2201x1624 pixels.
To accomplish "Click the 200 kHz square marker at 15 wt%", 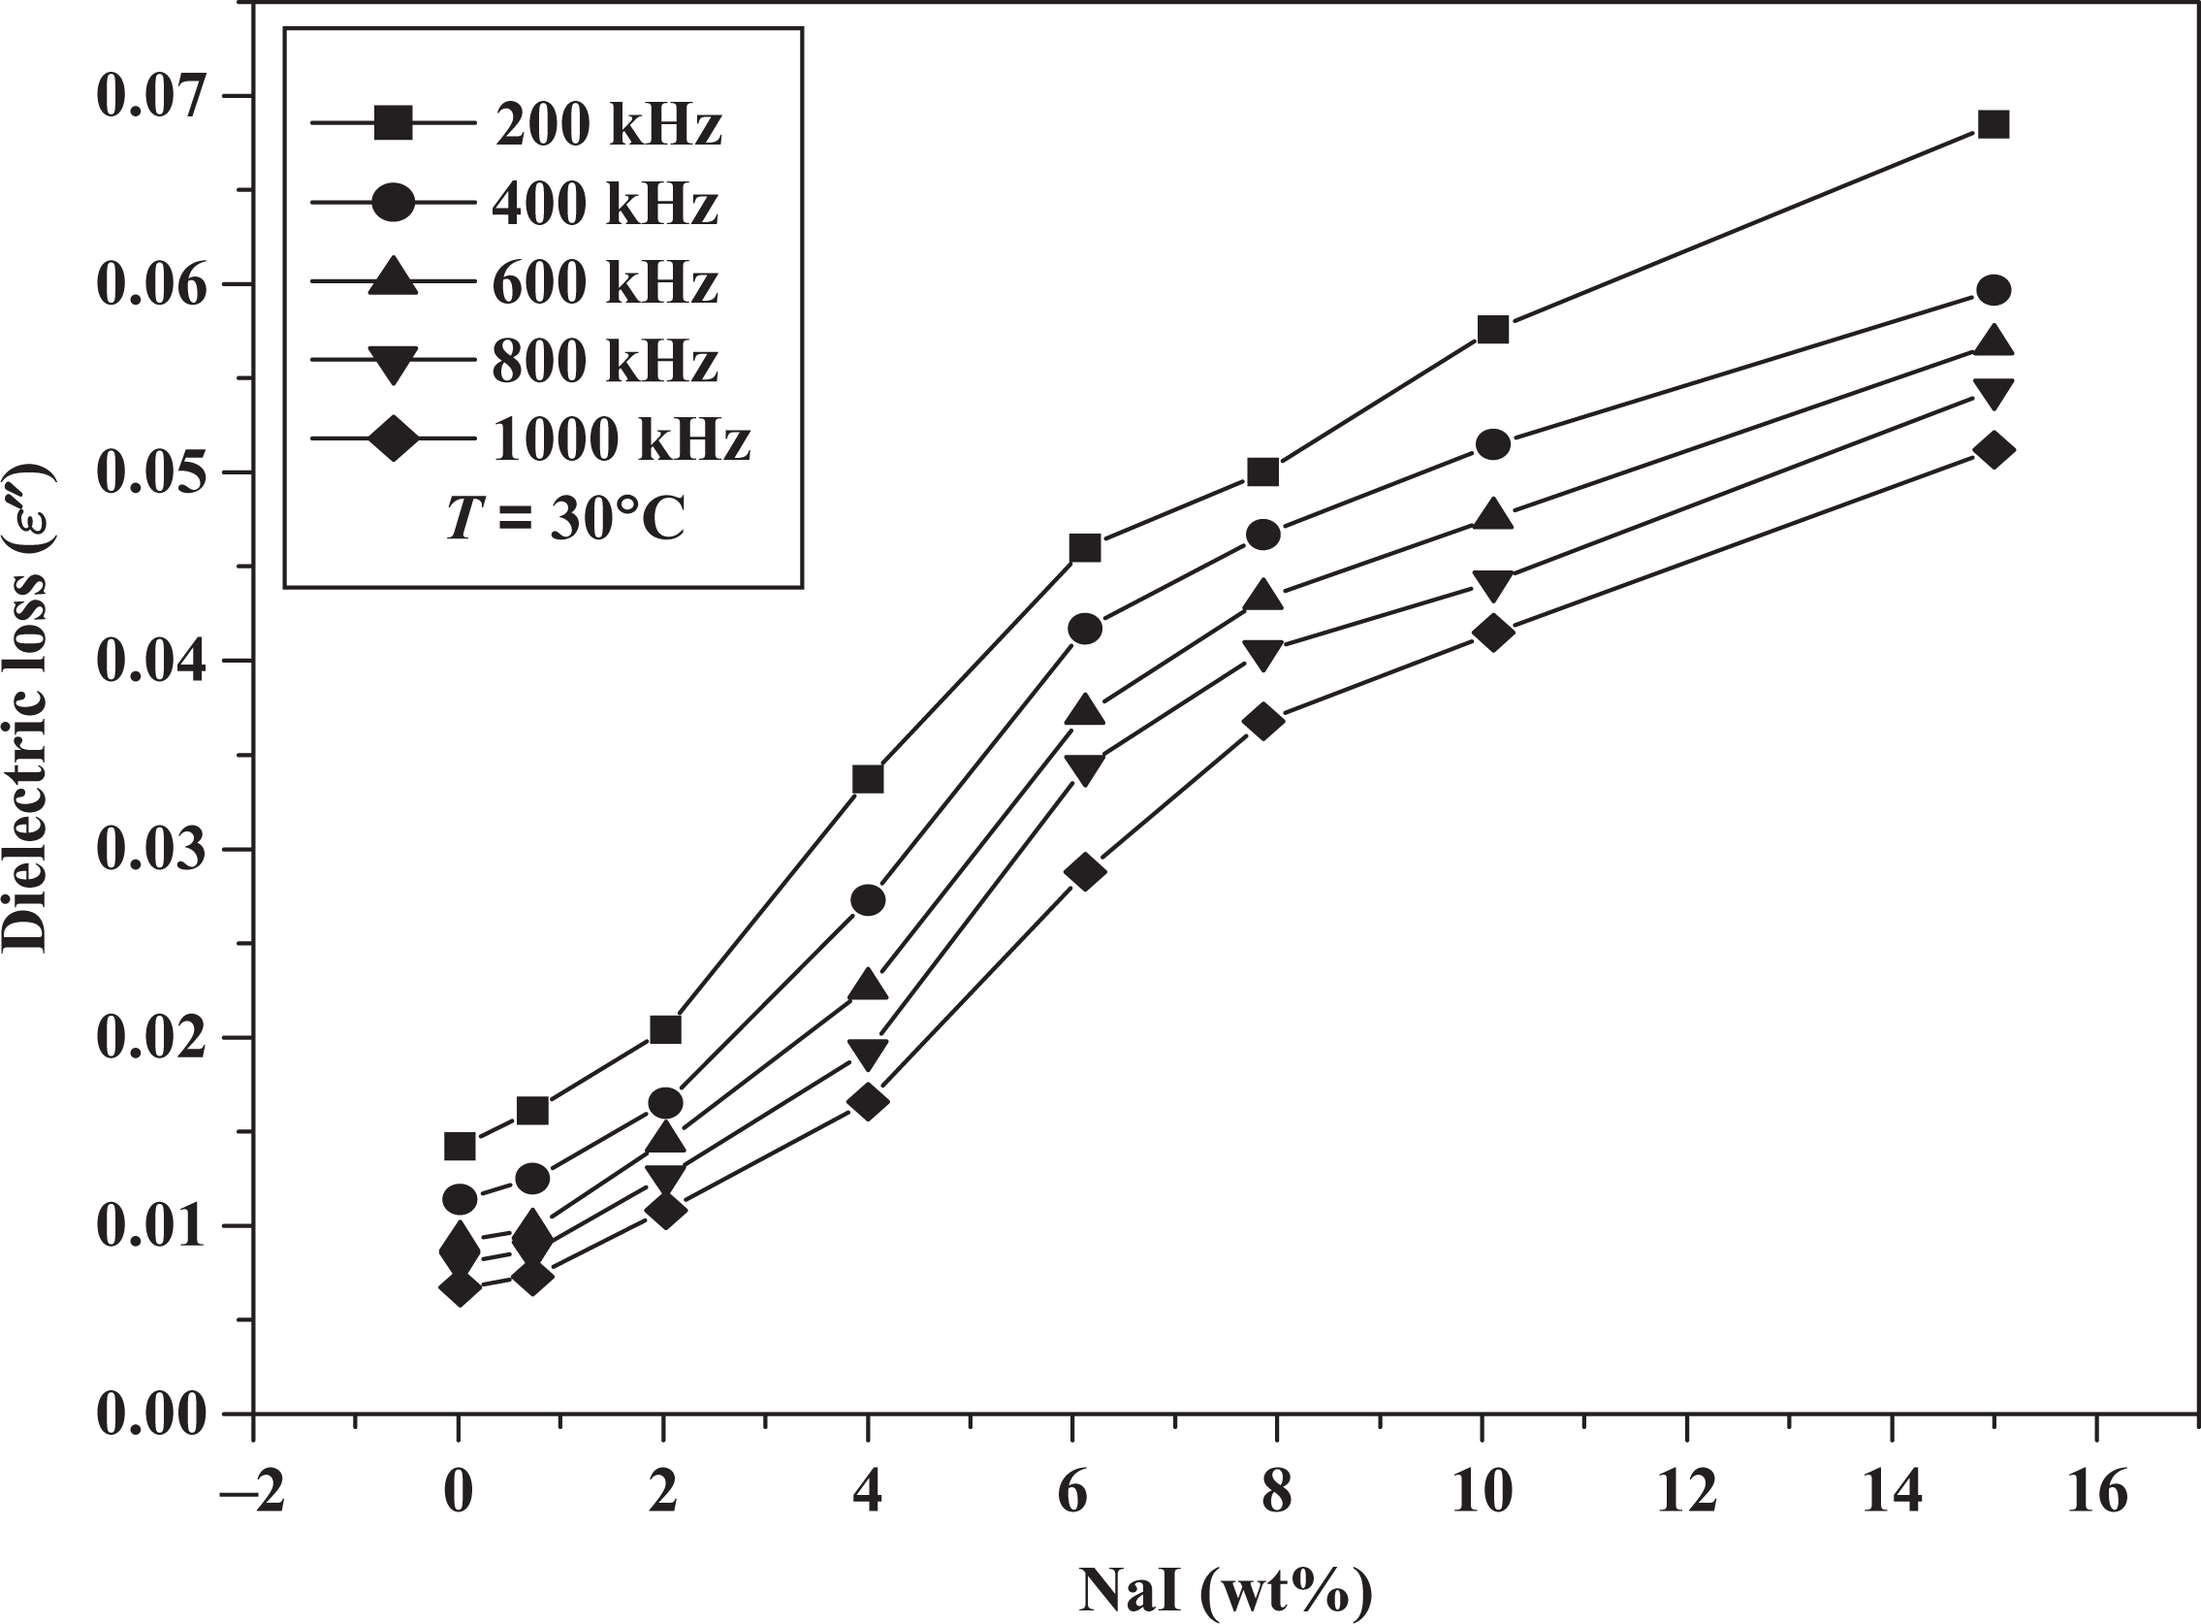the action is click(1994, 152).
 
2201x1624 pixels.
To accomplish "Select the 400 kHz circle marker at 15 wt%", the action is click(1994, 290).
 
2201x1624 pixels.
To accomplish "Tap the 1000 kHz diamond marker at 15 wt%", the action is click(1994, 450).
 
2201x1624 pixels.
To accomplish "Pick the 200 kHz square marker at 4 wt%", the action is click(868, 780).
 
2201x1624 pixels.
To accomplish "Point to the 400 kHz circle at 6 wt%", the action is click(1085, 630).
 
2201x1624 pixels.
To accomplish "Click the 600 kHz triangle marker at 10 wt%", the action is click(1493, 513).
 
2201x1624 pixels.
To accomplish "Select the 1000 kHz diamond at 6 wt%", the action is click(1085, 872).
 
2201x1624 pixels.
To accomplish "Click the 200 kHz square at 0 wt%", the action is click(460, 1147).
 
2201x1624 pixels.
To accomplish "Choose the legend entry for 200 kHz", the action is click(517, 125).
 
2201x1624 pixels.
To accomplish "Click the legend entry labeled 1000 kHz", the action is click(530, 438).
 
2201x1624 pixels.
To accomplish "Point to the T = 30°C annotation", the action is click(565, 519).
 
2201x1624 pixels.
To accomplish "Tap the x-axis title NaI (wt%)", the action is click(1226, 1591).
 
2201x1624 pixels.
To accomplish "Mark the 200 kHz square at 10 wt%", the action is click(1493, 329).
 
